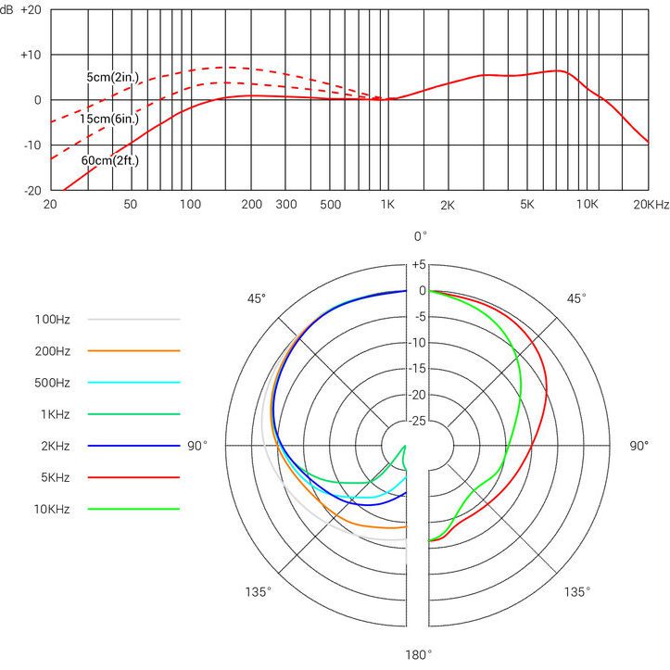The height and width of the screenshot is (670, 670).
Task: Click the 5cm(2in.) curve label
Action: [x=113, y=78]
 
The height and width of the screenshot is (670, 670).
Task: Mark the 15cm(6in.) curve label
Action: [x=109, y=119]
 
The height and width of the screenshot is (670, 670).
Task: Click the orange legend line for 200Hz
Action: [x=133, y=350]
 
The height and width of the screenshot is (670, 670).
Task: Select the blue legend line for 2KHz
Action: [x=133, y=446]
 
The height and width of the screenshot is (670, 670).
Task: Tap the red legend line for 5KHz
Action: [x=133, y=477]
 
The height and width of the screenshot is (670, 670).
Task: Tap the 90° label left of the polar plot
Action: [x=197, y=446]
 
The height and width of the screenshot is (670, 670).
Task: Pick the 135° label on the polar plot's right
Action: [x=576, y=591]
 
